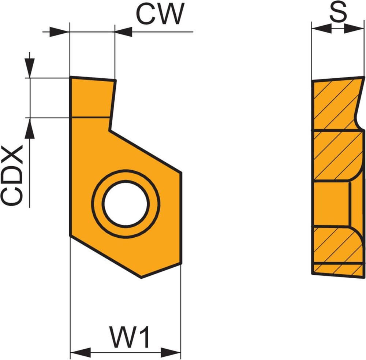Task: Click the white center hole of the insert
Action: click(x=126, y=203)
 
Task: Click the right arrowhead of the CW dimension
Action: click(x=124, y=31)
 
